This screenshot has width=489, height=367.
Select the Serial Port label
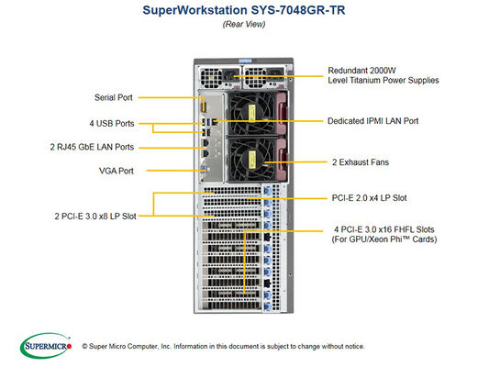(114, 96)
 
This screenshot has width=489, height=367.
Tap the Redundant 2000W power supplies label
(383, 74)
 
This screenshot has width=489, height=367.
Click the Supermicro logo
(43, 346)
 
